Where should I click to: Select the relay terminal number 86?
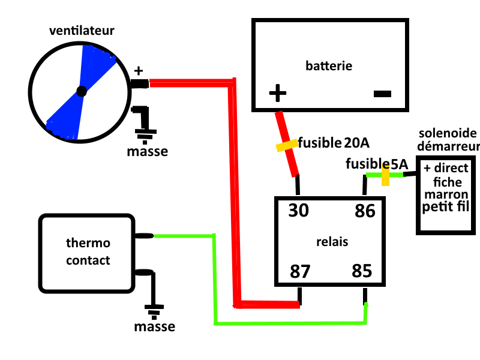tap(365, 211)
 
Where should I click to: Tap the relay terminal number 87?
tap(300, 271)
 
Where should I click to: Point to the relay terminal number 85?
tap(363, 271)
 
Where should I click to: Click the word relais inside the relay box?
tap(332, 241)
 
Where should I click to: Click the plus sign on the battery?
tap(277, 93)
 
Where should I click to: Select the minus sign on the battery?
tap(382, 94)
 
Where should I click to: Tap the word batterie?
tap(329, 65)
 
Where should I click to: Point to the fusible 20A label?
tap(334, 143)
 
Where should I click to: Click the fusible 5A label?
tap(376, 164)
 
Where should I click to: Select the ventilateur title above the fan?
tap(82, 29)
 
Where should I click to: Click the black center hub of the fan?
tap(82, 92)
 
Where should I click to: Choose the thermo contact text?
tap(88, 252)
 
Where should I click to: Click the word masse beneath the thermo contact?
tap(154, 327)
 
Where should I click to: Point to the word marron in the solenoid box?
tap(445, 194)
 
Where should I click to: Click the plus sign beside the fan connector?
tap(139, 71)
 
